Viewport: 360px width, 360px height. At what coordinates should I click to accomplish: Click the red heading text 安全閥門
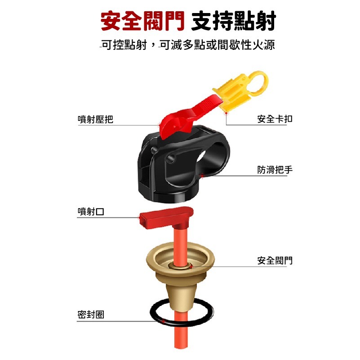tap(142, 22)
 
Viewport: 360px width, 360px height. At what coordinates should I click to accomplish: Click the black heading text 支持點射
tap(233, 22)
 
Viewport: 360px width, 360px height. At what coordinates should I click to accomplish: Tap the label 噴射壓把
tap(95, 119)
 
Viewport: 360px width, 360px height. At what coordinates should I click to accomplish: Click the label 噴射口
tap(91, 212)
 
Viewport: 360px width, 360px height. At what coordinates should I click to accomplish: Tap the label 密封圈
tap(91, 315)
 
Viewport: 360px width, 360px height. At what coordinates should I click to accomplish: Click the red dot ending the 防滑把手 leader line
tap(204, 175)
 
